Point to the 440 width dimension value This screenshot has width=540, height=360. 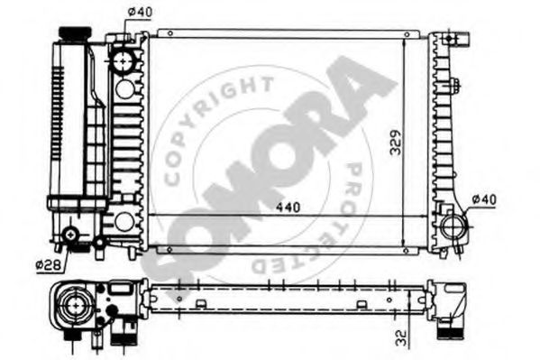(x=288, y=207)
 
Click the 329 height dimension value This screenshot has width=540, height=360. (x=394, y=144)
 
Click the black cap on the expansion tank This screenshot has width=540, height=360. (x=72, y=33)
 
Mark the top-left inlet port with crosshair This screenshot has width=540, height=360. (x=123, y=61)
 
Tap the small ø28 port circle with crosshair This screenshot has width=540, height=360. (x=72, y=239)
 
